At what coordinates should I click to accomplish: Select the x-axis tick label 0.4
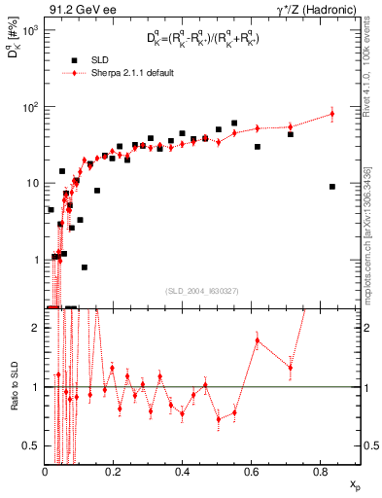point(182,471)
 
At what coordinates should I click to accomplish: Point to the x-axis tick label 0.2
point(114,471)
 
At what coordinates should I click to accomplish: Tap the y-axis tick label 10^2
point(30,107)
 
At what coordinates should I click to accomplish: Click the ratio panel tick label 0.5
point(33,445)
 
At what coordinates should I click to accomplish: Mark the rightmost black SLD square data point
point(332,187)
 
